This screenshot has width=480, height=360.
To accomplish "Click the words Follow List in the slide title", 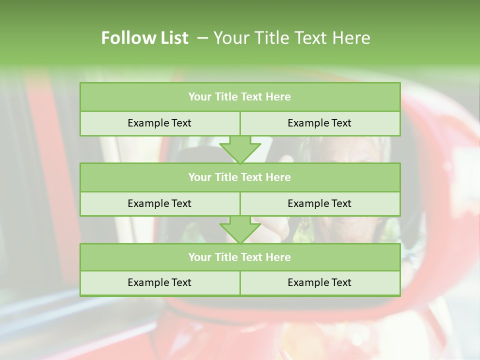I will [144, 38].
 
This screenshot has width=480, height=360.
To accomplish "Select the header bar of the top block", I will [240, 97].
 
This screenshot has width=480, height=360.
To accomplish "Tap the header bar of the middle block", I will [240, 177].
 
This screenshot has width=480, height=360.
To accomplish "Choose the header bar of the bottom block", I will [240, 257].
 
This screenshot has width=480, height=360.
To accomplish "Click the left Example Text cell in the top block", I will [159, 123].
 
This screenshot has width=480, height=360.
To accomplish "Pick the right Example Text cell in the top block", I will [319, 123].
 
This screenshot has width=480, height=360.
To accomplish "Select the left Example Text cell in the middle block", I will [159, 203].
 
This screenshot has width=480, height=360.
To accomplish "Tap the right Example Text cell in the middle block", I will [319, 203].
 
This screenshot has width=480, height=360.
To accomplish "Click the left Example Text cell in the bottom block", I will [159, 282].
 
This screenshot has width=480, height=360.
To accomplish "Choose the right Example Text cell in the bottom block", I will [319, 282].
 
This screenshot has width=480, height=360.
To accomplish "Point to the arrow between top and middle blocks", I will [240, 149].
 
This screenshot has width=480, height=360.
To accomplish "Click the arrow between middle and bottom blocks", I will [240, 229].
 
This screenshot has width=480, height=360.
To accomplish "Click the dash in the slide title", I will [202, 38].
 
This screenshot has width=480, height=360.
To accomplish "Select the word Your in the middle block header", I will [200, 177].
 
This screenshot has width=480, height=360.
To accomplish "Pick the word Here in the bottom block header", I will [278, 257].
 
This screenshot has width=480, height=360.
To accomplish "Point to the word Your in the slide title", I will [229, 38].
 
